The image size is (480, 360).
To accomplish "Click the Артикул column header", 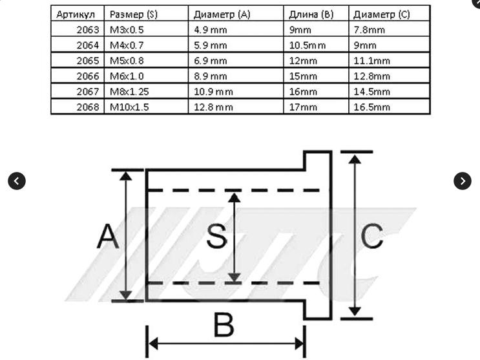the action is pyautogui.click(x=76, y=14).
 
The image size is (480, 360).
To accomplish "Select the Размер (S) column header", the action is pyautogui.click(x=134, y=14).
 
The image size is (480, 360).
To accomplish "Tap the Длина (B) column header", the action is pyautogui.click(x=311, y=14).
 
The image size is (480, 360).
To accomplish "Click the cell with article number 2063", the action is pyautogui.click(x=88, y=30).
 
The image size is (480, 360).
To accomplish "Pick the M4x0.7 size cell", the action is pyautogui.click(x=127, y=45).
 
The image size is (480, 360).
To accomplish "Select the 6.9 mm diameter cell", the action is pyautogui.click(x=211, y=61).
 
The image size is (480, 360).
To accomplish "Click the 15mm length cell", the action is pyautogui.click(x=303, y=76).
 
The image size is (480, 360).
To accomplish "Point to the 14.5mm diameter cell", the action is pyautogui.click(x=371, y=92).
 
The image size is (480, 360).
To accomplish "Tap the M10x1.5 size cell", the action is pyautogui.click(x=129, y=107).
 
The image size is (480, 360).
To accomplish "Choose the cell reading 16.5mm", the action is pyautogui.click(x=371, y=107).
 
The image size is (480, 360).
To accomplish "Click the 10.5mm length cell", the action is pyautogui.click(x=308, y=45).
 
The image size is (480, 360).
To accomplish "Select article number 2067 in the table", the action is pyautogui.click(x=88, y=92).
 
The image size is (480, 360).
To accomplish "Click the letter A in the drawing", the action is pyautogui.click(x=108, y=236).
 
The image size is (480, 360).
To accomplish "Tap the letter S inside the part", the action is pyautogui.click(x=217, y=235).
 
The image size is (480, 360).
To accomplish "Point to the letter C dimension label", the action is pyautogui.click(x=372, y=235).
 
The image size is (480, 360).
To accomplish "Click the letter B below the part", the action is pyautogui.click(x=224, y=324).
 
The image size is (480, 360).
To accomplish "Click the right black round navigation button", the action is pyautogui.click(x=463, y=181).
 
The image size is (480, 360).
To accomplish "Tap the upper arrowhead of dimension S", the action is pyautogui.click(x=235, y=198).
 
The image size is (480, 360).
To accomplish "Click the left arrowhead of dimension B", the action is pyautogui.click(x=153, y=343).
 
